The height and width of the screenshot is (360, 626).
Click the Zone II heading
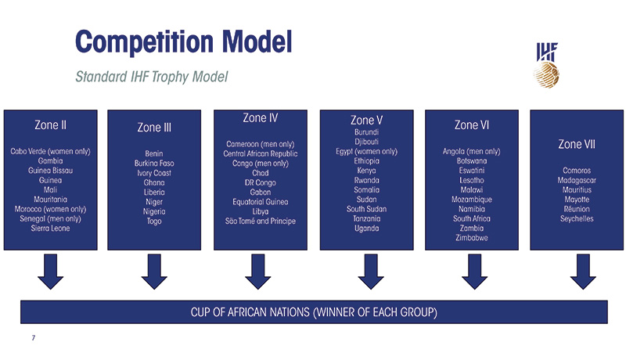click(x=50, y=124)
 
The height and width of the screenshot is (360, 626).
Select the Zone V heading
click(x=366, y=121)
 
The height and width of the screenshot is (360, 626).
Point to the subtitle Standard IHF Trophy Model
click(x=151, y=77)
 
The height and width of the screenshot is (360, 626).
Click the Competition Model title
click(x=182, y=39)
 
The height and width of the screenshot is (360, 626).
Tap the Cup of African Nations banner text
click(x=313, y=312)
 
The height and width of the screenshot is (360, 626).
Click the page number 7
click(x=33, y=338)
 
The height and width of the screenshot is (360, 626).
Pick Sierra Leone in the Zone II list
click(x=50, y=229)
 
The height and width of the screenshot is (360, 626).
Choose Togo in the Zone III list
click(x=154, y=221)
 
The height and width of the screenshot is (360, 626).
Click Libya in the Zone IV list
click(x=260, y=211)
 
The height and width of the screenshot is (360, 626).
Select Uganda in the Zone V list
click(x=366, y=229)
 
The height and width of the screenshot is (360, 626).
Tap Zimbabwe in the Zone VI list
click(x=472, y=237)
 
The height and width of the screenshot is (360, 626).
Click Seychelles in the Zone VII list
click(x=577, y=219)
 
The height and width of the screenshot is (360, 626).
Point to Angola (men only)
click(x=472, y=151)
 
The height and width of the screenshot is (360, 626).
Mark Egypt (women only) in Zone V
click(x=366, y=151)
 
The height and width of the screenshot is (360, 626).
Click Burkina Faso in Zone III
click(x=154, y=164)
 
